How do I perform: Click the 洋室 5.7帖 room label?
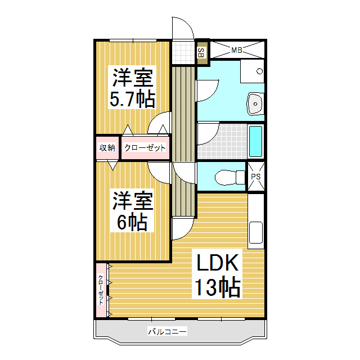tap(133, 88)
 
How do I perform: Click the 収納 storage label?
tap(107, 148)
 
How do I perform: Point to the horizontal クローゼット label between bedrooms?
tap(145, 148)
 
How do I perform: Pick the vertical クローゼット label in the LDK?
tap(101, 290)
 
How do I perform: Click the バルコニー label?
tap(167, 332)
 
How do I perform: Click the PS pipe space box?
tap(256, 176)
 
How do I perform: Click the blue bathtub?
tap(255, 142)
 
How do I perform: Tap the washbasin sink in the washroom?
tap(255, 103)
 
